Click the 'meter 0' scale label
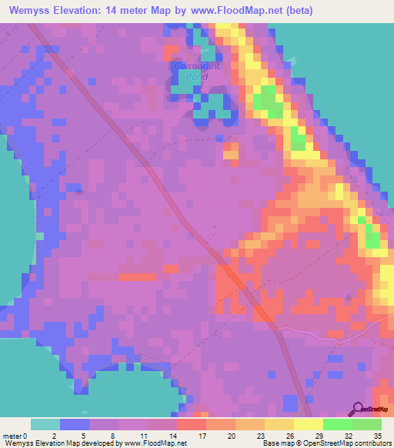(15, 435)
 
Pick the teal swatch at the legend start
(45, 424)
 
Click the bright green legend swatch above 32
(337, 424)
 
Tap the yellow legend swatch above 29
(308, 424)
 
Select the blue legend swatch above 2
(75, 424)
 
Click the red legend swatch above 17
(191, 424)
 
